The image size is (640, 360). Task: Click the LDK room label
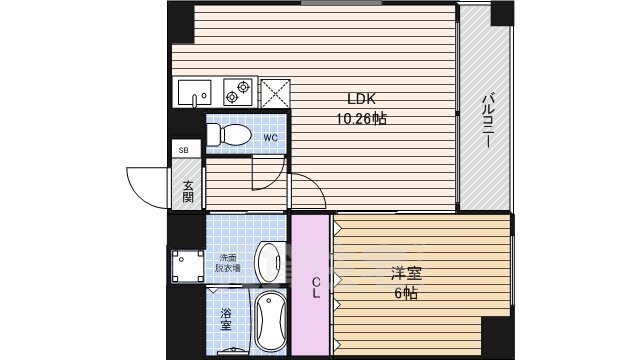coord(361,99)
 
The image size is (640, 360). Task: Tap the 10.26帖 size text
coord(360,118)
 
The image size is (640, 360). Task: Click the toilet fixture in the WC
coord(231,132)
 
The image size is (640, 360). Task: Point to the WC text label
coord(270,137)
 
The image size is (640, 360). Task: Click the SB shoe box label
coord(183,150)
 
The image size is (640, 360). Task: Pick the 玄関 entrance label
coord(188,189)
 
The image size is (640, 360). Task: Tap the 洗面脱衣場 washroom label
coord(230,263)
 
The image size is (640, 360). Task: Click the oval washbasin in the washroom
coord(269,262)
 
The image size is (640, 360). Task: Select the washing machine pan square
coord(186,265)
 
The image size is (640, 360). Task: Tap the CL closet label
coord(313,285)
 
